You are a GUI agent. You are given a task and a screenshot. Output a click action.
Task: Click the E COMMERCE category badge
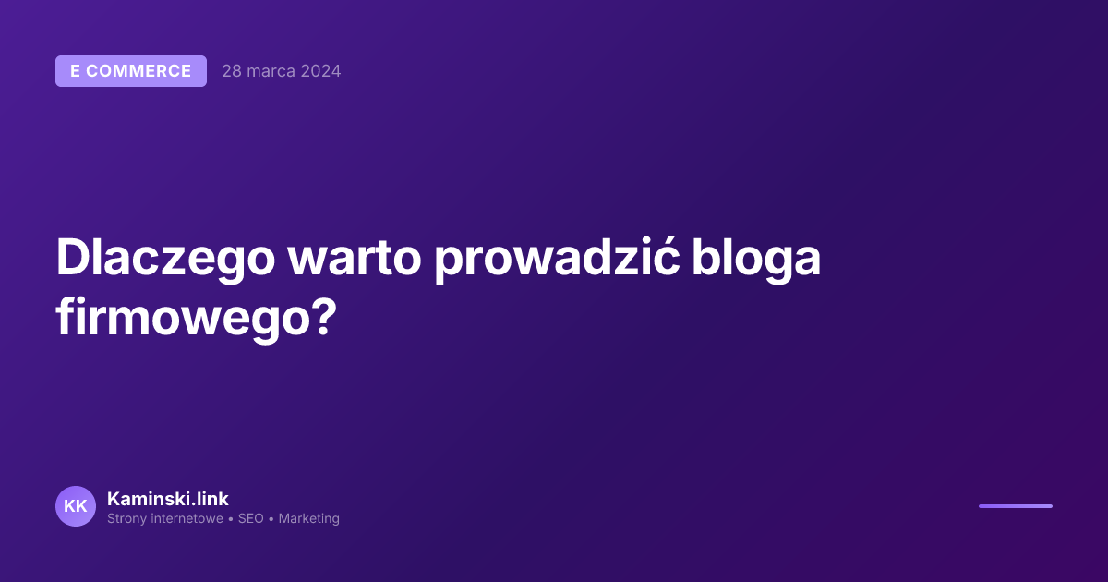point(130,71)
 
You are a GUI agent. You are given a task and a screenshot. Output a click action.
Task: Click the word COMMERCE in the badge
point(138,71)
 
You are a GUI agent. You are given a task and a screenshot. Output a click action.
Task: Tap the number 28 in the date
point(232,71)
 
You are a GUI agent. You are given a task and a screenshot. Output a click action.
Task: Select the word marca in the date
point(271,71)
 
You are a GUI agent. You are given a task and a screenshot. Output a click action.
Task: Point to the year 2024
point(320,71)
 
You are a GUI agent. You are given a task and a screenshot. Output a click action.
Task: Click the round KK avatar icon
point(76,506)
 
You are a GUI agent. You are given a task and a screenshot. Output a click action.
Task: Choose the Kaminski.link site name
point(168,499)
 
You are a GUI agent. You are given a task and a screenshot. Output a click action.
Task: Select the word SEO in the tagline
point(251,519)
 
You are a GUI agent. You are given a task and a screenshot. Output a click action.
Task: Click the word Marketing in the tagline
point(308,519)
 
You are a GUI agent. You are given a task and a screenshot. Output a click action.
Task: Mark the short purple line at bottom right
point(1015,506)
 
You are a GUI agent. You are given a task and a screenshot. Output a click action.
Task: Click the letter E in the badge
point(76,71)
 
